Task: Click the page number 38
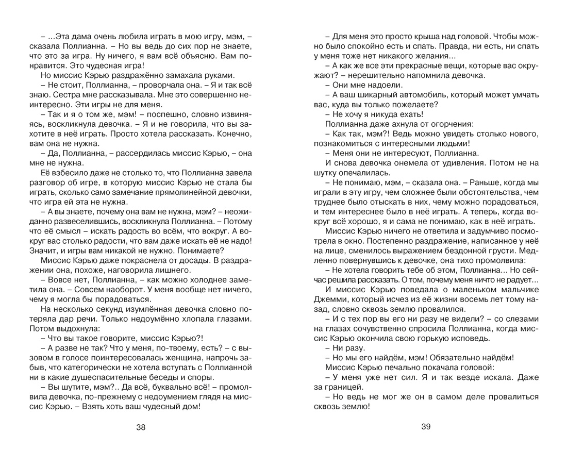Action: (141, 427)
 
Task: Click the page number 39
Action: (425, 427)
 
